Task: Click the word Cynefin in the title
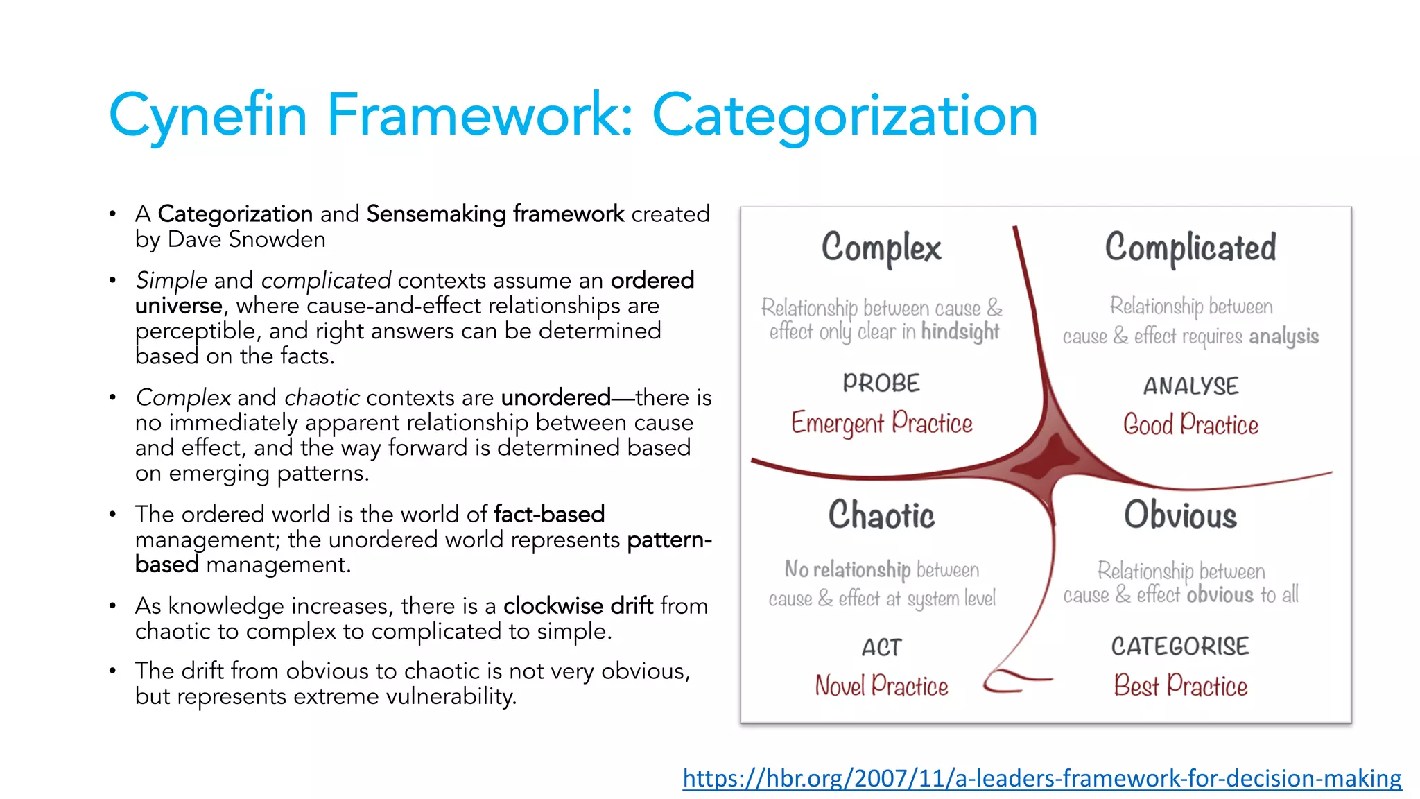208,115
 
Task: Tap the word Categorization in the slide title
845,115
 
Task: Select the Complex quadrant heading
881,248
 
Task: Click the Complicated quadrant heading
1190,248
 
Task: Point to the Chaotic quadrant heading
881,515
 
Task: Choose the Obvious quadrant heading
1180,515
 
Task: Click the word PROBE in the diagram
881,383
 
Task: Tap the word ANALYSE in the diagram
1190,386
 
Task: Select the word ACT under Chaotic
881,647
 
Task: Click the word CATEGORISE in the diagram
1180,646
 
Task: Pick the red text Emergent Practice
881,423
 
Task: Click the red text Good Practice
1190,424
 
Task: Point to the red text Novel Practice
881,686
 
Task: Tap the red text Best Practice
1180,686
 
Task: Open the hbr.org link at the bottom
1041,778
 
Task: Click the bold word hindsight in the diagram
960,332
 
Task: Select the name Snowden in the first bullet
277,239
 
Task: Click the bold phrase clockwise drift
578,606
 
